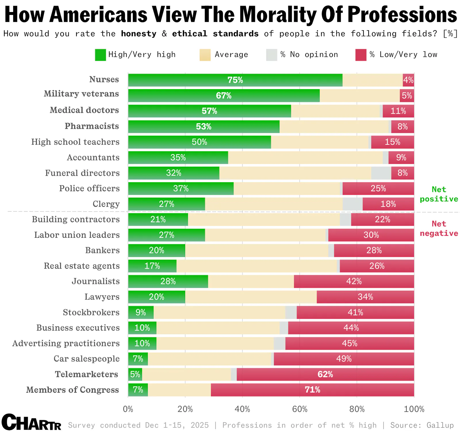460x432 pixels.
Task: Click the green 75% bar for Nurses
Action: [235, 80]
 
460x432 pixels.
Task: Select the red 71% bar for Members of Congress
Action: [312, 390]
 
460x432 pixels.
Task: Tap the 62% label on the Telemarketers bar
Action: [325, 374]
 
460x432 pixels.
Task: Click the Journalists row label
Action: [95, 281]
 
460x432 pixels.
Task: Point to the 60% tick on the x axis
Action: [300, 409]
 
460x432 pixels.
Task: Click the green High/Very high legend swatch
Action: [100, 55]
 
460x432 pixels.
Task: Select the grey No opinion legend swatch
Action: [271, 55]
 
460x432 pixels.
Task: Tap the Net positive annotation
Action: [439, 194]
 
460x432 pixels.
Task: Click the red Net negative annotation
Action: [439, 229]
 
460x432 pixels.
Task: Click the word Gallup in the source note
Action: [440, 425]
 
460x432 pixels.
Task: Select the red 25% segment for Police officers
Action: [378, 189]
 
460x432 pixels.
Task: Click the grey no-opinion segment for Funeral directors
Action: [381, 173]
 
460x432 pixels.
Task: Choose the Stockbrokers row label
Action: [91, 312]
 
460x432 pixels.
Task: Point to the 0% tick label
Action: [128, 409]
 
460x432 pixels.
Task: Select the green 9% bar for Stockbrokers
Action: [141, 312]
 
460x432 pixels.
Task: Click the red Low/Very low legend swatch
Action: [361, 55]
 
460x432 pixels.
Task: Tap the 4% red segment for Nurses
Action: [408, 80]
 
